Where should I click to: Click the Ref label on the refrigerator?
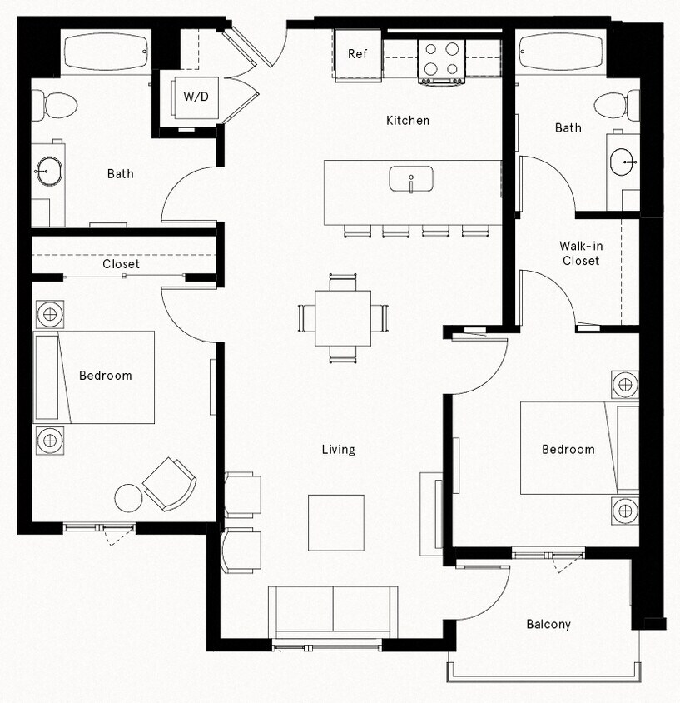(357, 54)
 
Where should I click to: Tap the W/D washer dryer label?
(196, 97)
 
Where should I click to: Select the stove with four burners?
(441, 58)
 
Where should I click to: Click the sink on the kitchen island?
(411, 178)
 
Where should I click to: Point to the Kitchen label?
(408, 121)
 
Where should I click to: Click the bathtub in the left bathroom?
(105, 51)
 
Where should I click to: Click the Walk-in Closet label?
(579, 253)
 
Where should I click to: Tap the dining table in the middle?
(343, 317)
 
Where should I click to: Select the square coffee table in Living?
(336, 522)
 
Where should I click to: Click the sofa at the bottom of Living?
(333, 611)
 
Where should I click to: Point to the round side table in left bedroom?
(129, 498)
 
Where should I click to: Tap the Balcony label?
(548, 624)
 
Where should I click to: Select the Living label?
(338, 450)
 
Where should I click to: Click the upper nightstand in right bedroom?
(625, 385)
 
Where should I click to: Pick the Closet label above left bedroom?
(122, 264)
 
